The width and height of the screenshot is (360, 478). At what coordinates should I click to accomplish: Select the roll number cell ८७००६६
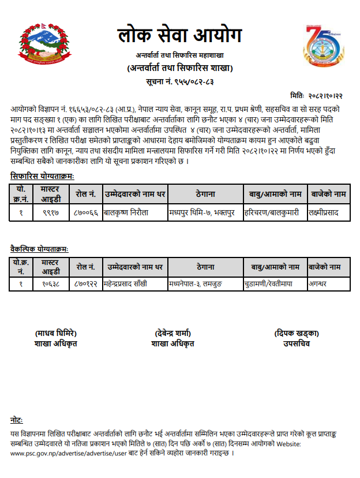point(85,212)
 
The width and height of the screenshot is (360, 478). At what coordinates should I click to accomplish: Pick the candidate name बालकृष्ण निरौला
point(126,212)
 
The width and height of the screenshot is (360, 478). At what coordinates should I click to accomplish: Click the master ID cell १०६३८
point(50,284)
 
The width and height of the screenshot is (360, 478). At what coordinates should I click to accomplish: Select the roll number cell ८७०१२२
point(87,284)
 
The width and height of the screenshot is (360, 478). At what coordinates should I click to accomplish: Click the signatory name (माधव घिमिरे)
point(56,334)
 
